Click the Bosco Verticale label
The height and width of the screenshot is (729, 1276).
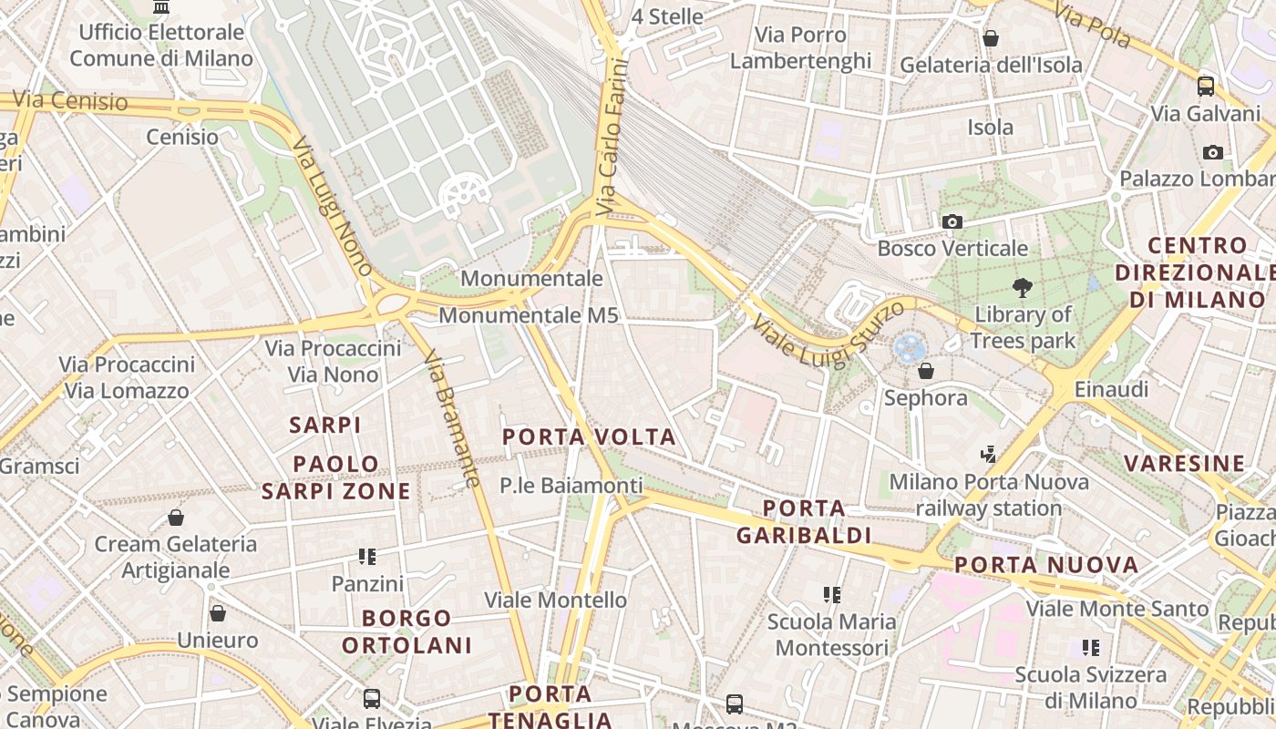[x=952, y=248]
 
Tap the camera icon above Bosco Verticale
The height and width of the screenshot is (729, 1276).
[x=952, y=221]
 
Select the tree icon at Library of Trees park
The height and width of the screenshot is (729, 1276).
[x=1022, y=288]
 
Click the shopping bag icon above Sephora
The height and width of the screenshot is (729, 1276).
[x=926, y=371]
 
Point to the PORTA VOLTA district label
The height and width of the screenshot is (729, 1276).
[x=590, y=437]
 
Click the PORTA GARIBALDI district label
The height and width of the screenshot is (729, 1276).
[x=804, y=521]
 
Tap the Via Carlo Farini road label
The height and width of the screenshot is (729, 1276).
[x=612, y=138]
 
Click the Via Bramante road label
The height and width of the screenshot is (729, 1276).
[x=452, y=418]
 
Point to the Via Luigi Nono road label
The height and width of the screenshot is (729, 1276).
[x=332, y=206]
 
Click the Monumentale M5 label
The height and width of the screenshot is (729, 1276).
[x=529, y=316]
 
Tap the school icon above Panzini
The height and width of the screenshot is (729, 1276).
[x=367, y=556]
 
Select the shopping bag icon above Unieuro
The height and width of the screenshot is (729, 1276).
[x=218, y=613]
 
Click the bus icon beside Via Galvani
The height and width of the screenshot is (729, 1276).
[x=1206, y=87]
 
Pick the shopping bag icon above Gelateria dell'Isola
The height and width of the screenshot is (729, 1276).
[x=991, y=38]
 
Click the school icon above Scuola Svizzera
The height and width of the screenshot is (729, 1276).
[x=1091, y=648]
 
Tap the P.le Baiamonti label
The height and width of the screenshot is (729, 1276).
[x=571, y=486]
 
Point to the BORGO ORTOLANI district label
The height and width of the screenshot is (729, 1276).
[x=406, y=631]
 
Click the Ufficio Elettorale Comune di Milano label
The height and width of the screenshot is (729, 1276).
[x=161, y=46]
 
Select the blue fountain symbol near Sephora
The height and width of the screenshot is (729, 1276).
[x=909, y=347]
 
